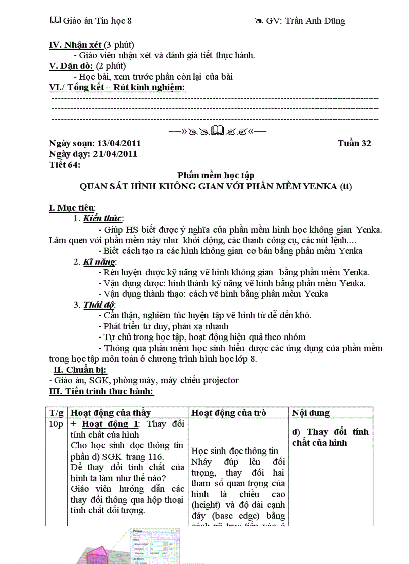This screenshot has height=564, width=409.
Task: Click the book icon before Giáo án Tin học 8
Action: pyautogui.click(x=55, y=20)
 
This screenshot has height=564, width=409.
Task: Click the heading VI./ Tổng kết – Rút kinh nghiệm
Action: pyautogui.click(x=117, y=87)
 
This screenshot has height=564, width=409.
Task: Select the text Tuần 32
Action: pyautogui.click(x=354, y=143)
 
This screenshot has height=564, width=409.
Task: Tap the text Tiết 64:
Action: pyautogui.click(x=64, y=165)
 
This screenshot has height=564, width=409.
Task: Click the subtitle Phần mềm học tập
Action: pyautogui.click(x=216, y=175)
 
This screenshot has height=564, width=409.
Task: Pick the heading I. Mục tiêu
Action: pyautogui.click(x=72, y=208)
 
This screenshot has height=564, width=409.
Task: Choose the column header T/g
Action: pyautogui.click(x=56, y=413)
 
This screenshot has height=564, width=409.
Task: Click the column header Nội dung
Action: pyautogui.click(x=311, y=413)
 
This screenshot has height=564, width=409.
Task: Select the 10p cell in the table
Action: pyautogui.click(x=56, y=424)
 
